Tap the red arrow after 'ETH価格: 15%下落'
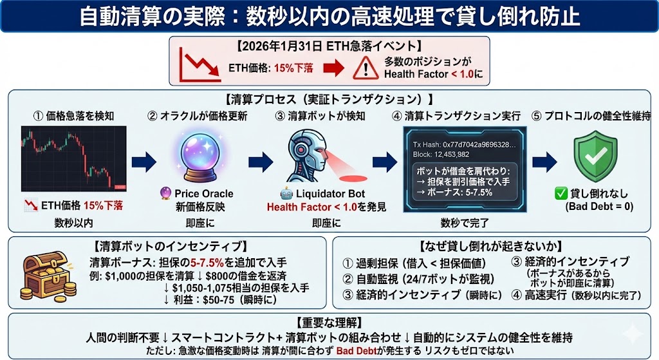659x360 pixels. [334, 68]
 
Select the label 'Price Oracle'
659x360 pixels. [204, 193]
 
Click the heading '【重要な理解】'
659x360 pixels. [329, 321]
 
